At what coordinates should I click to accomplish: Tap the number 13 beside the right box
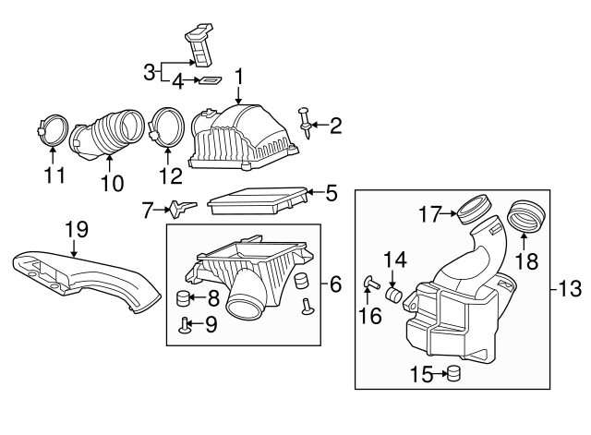569,290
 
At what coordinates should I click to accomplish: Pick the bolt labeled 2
306,118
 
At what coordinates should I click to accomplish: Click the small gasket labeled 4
211,81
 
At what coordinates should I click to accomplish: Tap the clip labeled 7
181,208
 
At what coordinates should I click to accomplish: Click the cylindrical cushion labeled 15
452,373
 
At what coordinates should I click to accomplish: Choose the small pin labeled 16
369,283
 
